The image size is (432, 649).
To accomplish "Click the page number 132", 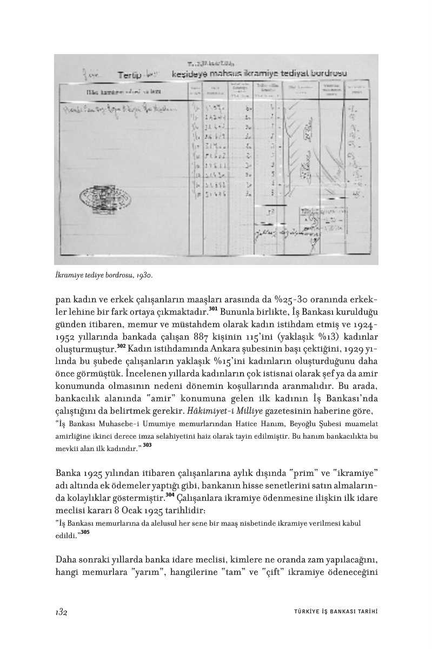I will click(61, 612).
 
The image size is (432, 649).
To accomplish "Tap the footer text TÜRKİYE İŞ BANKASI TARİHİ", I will click(331, 612).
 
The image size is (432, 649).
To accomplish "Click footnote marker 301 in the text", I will click(212, 309).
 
